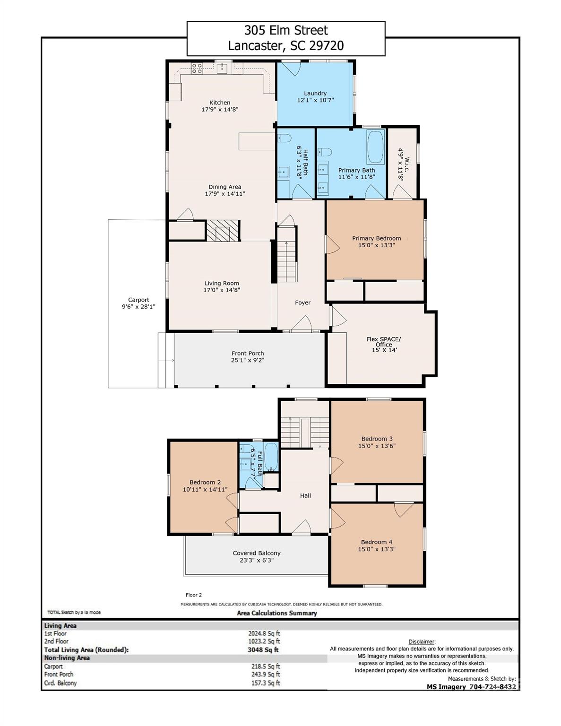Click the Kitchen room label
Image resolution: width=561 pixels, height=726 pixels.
point(220,103)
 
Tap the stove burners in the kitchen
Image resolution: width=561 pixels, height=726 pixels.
point(196,68)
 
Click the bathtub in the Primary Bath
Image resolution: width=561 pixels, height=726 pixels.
point(376,147)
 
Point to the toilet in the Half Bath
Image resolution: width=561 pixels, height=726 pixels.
point(284,138)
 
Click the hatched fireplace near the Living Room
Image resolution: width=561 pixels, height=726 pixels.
point(223,231)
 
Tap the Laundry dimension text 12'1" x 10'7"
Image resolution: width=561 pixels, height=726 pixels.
point(315,100)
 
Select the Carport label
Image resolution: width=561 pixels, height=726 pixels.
point(138,300)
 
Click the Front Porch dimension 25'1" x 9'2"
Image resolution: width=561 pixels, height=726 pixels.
point(248,360)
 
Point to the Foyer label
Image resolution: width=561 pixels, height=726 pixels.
point(302,302)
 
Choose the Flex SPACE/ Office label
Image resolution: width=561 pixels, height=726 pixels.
point(384,341)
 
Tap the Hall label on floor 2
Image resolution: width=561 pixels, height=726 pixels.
point(305,495)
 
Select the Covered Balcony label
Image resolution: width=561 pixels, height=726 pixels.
point(257,553)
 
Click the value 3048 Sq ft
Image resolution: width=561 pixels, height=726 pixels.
point(263,650)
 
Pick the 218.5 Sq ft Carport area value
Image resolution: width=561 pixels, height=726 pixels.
point(266,666)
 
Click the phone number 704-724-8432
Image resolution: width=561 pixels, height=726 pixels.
point(492,687)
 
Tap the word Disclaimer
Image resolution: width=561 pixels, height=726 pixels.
point(422,641)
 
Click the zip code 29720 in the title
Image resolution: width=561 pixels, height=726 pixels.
point(326,45)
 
